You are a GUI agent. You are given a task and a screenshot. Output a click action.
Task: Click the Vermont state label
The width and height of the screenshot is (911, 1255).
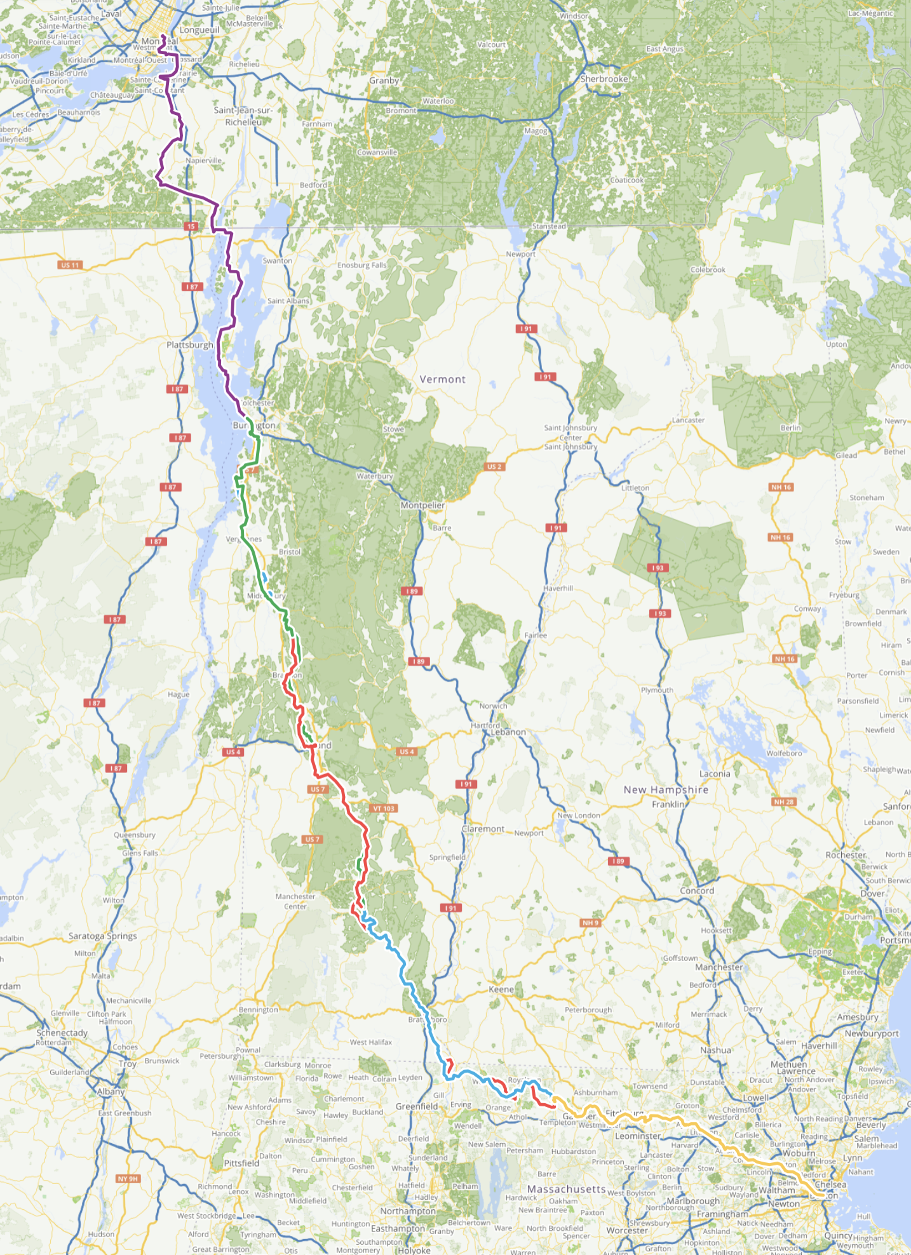pyautogui.click(x=442, y=379)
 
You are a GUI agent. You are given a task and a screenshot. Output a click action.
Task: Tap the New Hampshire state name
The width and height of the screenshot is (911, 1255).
pyautogui.click(x=666, y=789)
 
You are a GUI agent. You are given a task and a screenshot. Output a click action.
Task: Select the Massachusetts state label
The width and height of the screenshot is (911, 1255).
pyautogui.click(x=567, y=1189)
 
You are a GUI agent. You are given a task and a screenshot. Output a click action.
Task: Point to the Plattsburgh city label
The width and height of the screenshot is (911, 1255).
pyautogui.click(x=190, y=345)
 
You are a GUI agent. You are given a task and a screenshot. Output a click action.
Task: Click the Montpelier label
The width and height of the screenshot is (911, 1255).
pyautogui.click(x=422, y=505)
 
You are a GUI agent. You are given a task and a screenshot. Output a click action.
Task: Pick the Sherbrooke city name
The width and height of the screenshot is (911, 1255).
pyautogui.click(x=604, y=79)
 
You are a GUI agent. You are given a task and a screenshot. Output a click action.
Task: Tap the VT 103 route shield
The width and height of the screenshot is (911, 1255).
pyautogui.click(x=384, y=809)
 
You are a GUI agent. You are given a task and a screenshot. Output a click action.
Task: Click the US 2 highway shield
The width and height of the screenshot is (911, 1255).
pyautogui.click(x=494, y=467)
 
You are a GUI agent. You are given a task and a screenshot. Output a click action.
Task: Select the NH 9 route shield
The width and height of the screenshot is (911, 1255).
pyautogui.click(x=590, y=923)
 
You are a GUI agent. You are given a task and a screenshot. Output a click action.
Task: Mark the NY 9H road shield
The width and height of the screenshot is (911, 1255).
pyautogui.click(x=128, y=1179)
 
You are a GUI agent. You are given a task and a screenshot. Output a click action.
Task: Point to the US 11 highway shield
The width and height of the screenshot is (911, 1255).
pyautogui.click(x=71, y=265)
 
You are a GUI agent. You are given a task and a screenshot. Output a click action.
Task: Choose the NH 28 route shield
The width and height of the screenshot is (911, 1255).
pyautogui.click(x=784, y=802)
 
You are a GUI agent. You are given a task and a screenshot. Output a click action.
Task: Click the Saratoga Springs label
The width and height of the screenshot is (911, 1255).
pyautogui.click(x=102, y=936)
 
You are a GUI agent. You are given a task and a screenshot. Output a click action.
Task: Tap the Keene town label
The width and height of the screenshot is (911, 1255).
pyautogui.click(x=501, y=990)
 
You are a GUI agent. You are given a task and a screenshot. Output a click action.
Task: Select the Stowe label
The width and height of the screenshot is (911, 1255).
pyautogui.click(x=393, y=429)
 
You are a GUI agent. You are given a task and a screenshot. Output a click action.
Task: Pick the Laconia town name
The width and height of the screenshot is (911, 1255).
pyautogui.click(x=715, y=774)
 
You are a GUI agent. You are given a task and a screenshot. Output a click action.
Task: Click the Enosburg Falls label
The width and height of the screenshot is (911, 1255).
pyautogui.click(x=361, y=265)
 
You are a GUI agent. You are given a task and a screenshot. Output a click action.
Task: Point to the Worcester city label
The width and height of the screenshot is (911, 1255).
pyautogui.click(x=626, y=1230)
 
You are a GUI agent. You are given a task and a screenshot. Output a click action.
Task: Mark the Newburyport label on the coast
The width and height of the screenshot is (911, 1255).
pyautogui.click(x=872, y=1033)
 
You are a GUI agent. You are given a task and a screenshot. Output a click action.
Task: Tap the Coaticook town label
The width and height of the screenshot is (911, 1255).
pyautogui.click(x=626, y=180)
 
